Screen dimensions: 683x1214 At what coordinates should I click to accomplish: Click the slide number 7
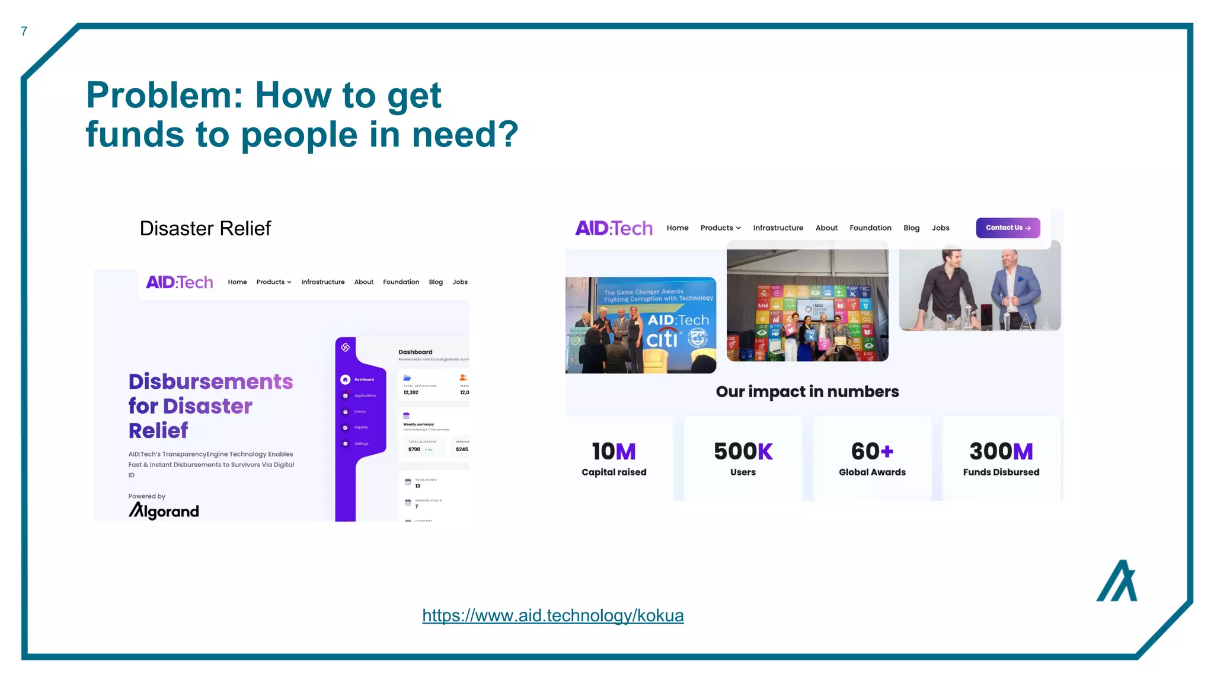click(24, 31)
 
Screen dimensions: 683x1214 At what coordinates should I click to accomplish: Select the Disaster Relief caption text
click(205, 228)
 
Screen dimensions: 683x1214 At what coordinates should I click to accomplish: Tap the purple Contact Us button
click(1008, 228)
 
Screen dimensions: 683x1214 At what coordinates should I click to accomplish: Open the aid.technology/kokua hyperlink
click(552, 615)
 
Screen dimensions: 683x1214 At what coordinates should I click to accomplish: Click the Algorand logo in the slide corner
click(1117, 582)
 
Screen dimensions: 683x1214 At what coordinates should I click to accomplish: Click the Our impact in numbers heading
click(807, 392)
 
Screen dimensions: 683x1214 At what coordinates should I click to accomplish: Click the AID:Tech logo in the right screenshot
click(614, 228)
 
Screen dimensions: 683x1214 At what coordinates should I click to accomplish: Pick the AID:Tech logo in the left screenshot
click(180, 282)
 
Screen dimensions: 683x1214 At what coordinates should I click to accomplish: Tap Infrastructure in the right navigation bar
click(778, 228)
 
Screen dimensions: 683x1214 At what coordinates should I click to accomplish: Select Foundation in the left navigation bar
click(401, 282)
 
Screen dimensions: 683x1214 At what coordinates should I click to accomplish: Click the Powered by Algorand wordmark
click(164, 511)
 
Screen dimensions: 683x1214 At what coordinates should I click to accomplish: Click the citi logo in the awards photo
click(662, 339)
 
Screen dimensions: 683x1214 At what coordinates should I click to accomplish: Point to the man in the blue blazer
click(1015, 288)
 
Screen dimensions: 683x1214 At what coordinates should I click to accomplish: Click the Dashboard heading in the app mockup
click(415, 352)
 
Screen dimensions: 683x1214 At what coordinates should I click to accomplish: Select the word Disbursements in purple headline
click(210, 382)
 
